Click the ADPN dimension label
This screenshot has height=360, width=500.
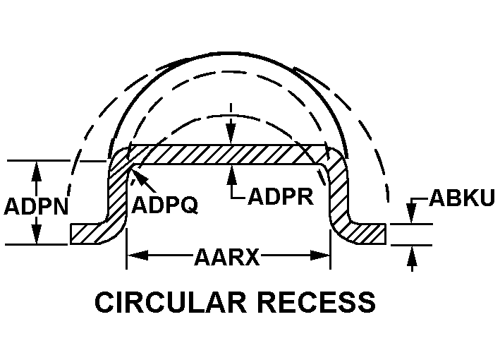[36, 206]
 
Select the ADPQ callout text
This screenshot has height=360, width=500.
[165, 205]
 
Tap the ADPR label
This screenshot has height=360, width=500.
[281, 196]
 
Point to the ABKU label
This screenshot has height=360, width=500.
[462, 198]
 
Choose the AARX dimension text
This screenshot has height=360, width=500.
[226, 257]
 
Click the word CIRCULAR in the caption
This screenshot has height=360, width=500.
[171, 302]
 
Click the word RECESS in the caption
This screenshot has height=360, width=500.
[317, 302]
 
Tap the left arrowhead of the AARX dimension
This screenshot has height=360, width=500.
[138, 256]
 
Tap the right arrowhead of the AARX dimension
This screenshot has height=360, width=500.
[320, 256]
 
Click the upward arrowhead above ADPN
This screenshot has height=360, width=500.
[37, 172]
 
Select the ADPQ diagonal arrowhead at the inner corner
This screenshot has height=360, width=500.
[140, 176]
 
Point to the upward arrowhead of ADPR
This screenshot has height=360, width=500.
[231, 175]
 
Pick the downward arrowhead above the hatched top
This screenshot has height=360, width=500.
[231, 134]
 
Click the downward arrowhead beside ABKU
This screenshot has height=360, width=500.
[412, 213]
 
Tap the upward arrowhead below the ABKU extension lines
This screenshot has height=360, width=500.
[412, 256]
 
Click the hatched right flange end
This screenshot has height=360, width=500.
[370, 234]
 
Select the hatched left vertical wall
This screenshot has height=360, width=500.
[117, 191]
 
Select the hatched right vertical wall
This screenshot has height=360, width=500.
[339, 191]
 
